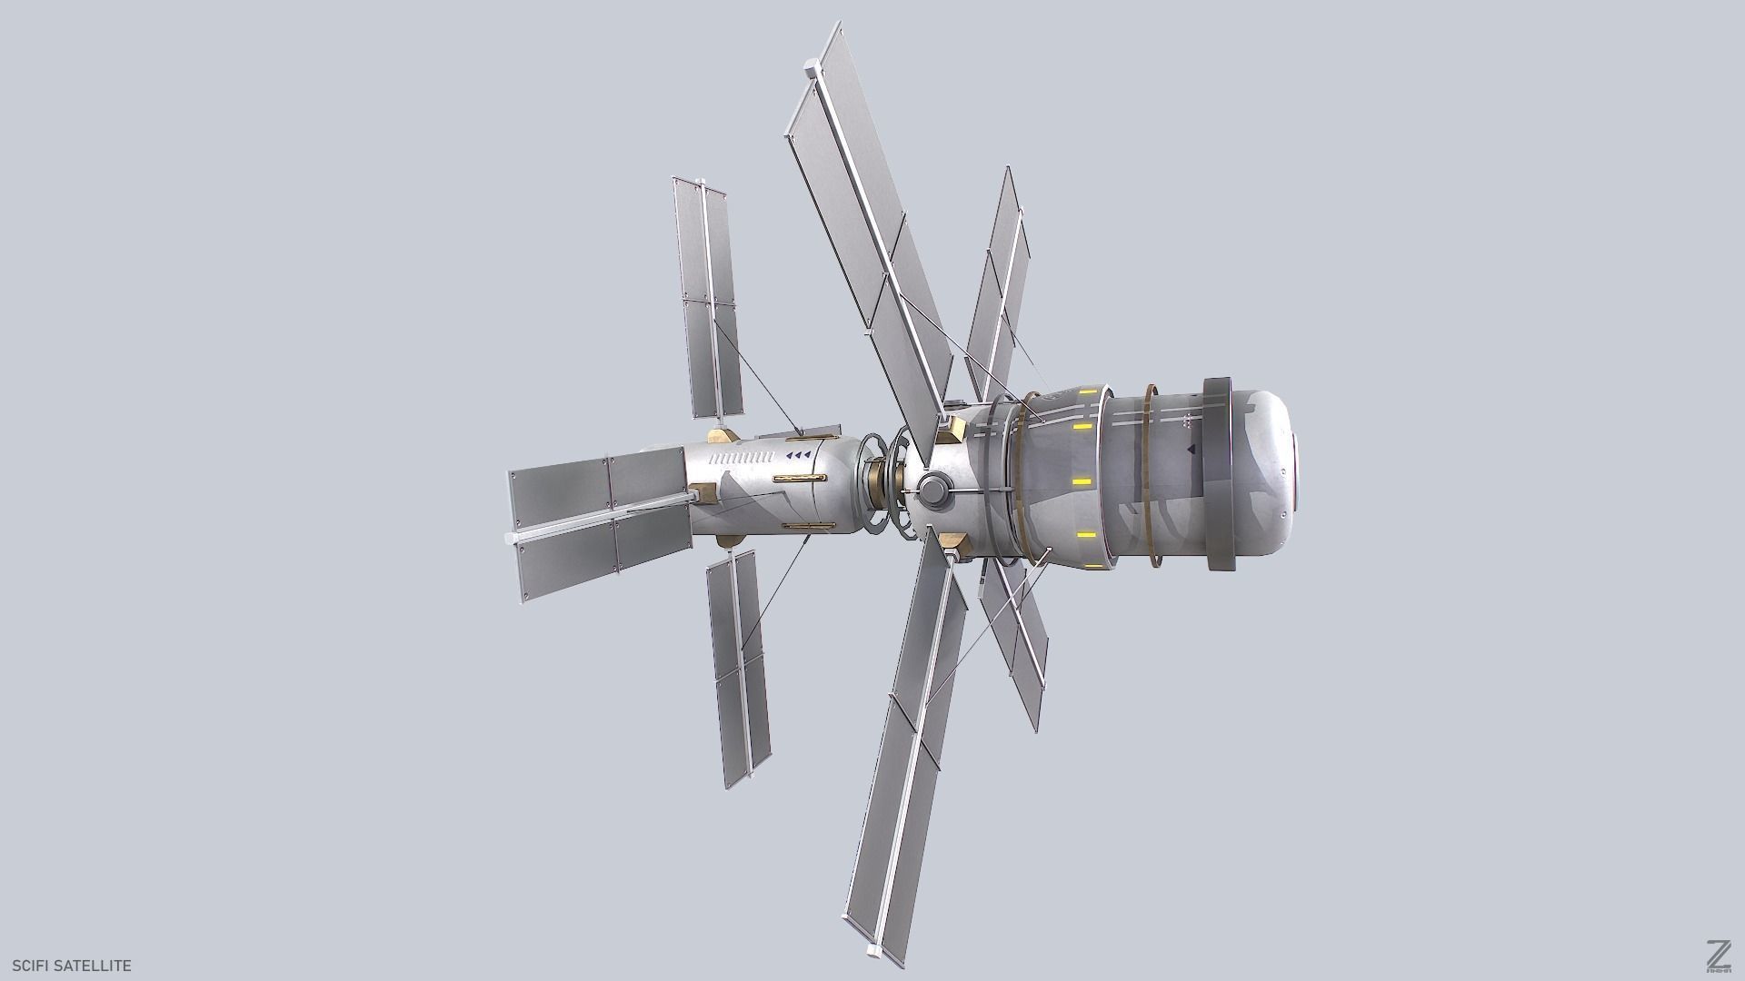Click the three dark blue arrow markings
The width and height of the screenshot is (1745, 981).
[798, 454]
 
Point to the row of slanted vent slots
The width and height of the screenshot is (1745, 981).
[742, 457]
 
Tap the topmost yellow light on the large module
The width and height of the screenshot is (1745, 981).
[1082, 426]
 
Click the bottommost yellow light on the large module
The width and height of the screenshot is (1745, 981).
[1082, 535]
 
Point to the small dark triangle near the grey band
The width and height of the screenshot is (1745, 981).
[1191, 448]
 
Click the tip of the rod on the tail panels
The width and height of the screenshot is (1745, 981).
[509, 539]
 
